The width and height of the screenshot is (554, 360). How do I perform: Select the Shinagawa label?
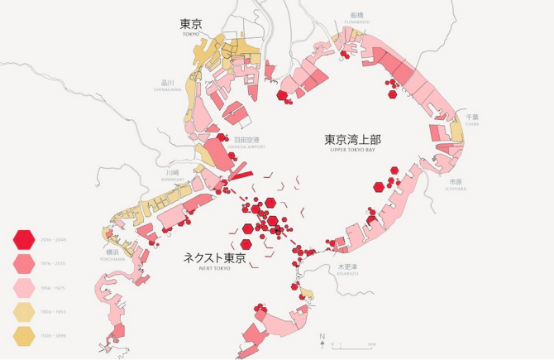[165, 85]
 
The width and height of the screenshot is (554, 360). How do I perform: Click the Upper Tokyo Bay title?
[357, 142]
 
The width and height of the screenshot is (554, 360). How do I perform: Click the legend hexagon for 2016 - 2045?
[24, 240]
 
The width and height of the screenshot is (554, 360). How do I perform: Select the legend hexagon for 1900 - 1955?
[24, 313]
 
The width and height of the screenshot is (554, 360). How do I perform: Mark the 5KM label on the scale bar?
[373, 343]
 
